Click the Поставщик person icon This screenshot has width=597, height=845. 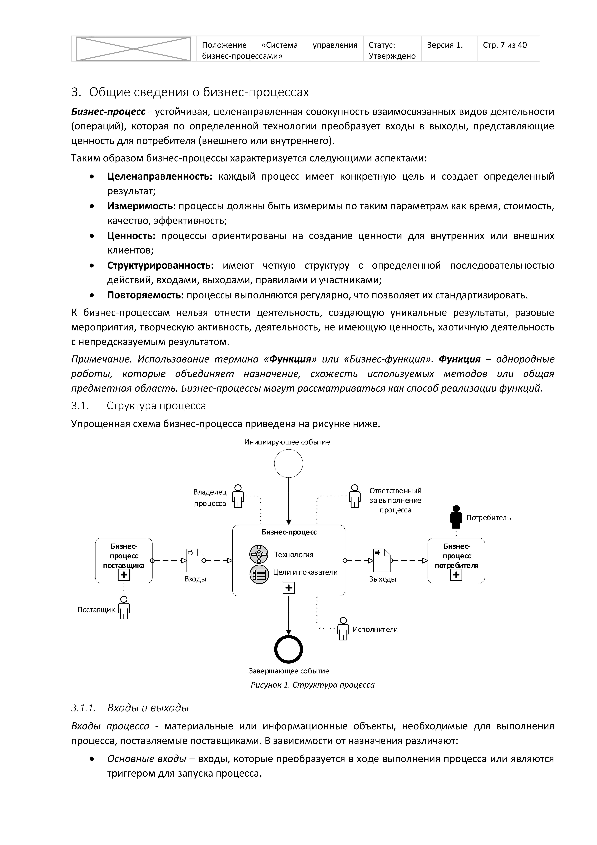click(x=124, y=608)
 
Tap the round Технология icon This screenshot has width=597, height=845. click(x=259, y=554)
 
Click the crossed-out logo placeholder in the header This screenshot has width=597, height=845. click(x=134, y=49)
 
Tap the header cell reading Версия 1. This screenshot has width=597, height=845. click(x=445, y=45)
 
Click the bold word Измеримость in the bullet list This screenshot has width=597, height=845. click(x=142, y=206)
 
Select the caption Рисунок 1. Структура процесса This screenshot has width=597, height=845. click(x=313, y=685)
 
